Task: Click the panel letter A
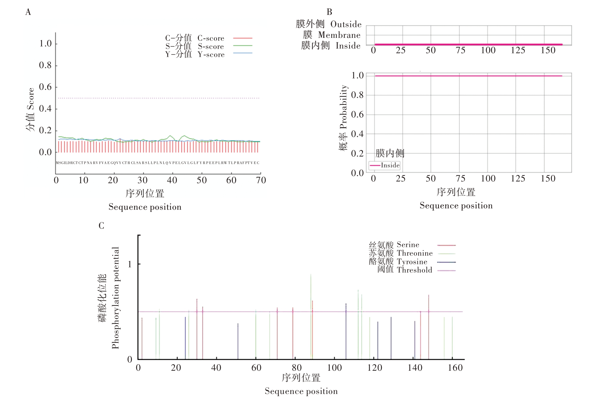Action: click(x=28, y=12)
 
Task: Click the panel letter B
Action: click(x=329, y=12)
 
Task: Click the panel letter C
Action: click(x=101, y=226)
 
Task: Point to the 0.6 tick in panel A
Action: click(x=45, y=87)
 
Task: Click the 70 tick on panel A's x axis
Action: click(x=261, y=180)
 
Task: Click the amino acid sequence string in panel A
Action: click(x=158, y=163)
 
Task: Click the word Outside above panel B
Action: click(x=346, y=24)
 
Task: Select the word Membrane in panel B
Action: click(x=339, y=35)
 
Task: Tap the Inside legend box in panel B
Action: click(x=384, y=165)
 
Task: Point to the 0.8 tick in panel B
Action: click(x=357, y=95)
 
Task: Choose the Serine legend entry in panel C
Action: click(x=408, y=245)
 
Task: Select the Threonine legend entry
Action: click(x=414, y=253)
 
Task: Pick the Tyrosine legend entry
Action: click(x=412, y=262)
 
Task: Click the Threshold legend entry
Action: click(x=414, y=270)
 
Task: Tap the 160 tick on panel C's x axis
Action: click(x=455, y=368)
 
